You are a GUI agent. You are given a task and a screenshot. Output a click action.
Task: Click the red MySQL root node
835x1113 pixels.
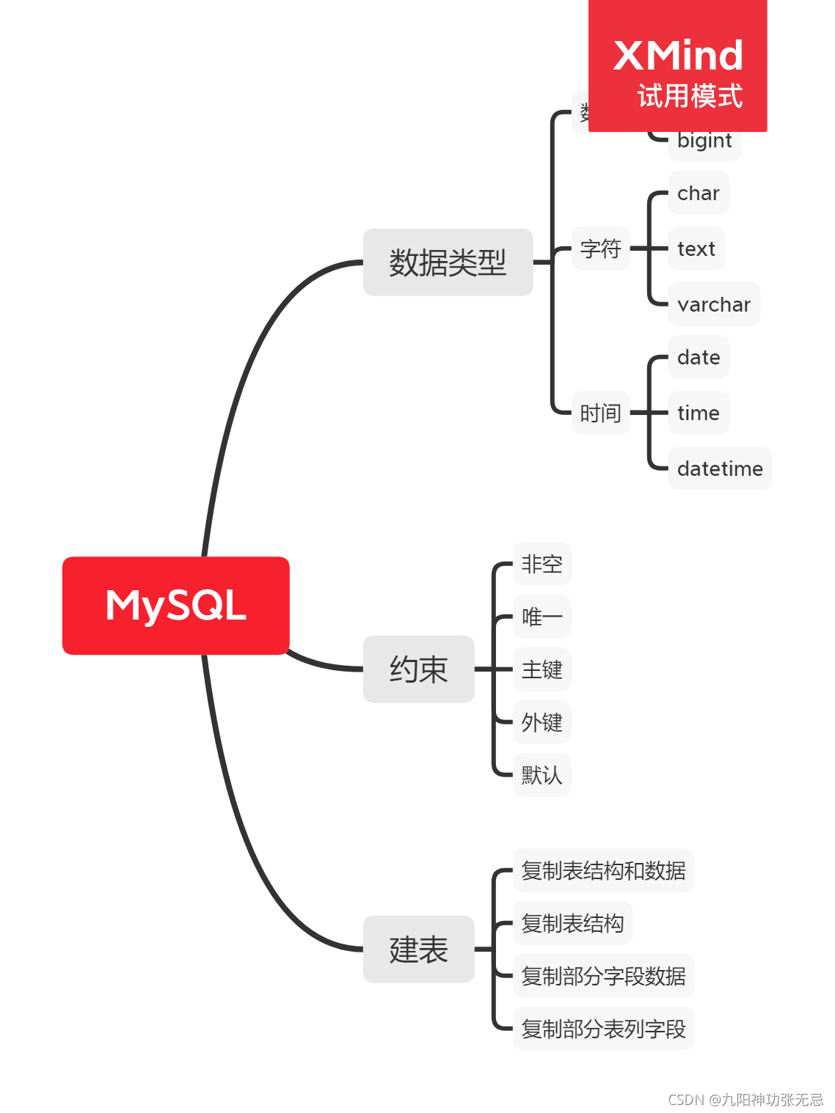[176, 606]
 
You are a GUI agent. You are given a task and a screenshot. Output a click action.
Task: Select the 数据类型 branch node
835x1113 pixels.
[448, 262]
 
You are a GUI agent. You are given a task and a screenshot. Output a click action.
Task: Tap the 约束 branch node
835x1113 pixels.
[418, 669]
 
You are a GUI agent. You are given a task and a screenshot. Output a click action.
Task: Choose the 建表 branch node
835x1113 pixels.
[418, 949]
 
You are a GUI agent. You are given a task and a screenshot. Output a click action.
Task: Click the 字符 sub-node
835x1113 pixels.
[600, 249]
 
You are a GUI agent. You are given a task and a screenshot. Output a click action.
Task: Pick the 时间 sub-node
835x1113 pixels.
[600, 414]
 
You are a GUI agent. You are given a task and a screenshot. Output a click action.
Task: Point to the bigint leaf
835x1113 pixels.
[704, 142]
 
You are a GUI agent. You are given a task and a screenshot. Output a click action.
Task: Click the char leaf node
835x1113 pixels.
[699, 194]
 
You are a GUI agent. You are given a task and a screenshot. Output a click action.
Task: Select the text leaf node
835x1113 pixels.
[696, 249]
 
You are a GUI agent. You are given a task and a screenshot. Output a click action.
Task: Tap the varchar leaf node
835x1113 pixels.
[714, 305]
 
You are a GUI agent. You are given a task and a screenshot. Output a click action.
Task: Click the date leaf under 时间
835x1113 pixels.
[699, 358]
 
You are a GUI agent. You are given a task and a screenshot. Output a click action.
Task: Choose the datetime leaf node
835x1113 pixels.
[720, 469]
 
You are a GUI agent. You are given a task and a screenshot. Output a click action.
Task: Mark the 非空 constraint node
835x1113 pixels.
[542, 565]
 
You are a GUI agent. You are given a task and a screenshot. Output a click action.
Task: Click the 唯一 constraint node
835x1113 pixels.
[542, 617]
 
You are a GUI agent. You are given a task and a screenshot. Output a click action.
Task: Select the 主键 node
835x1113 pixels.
[542, 670]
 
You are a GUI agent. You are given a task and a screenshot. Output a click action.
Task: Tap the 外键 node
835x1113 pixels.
[542, 723]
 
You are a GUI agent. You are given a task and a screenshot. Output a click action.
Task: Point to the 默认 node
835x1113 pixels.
[542, 776]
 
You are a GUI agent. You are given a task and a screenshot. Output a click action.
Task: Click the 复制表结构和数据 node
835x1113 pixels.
[603, 871]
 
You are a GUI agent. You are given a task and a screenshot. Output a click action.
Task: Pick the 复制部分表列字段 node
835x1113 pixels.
[603, 1029]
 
